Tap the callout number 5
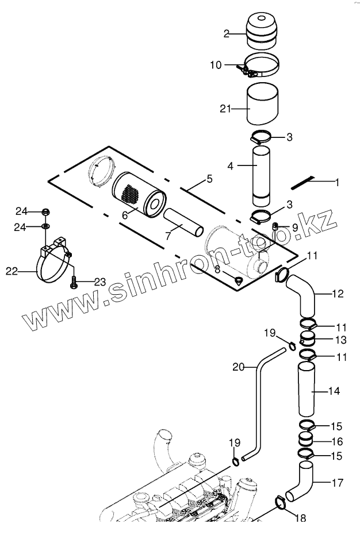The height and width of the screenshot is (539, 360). point(209,179)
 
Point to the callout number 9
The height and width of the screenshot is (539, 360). point(294,228)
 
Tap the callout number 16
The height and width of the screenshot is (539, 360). point(337,441)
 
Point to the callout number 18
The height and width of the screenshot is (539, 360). point(300,518)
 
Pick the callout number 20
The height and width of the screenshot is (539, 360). point(238,366)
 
